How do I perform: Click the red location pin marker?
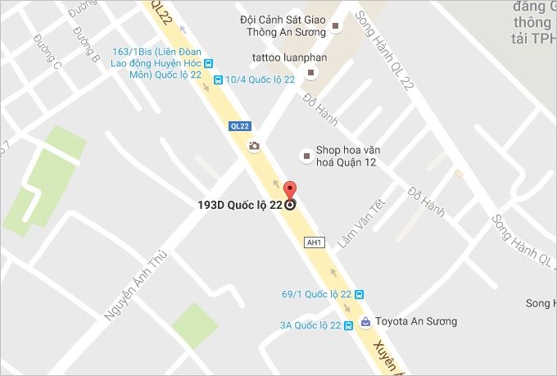coord(289,193)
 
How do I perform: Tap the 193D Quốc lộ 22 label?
coord(241,205)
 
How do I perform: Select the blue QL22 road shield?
coord(239,126)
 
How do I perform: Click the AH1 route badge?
coord(313,242)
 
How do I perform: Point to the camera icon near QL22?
coord(254,146)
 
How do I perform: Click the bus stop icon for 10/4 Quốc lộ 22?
coord(217,79)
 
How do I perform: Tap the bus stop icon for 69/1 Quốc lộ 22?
coord(360,294)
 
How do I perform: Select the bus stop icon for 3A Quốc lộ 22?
coord(349,325)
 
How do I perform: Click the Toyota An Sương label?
coord(416,321)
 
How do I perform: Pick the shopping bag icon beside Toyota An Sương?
coord(366,321)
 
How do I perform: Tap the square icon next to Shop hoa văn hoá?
coord(306,153)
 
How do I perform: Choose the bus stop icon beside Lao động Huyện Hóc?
coord(209,62)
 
